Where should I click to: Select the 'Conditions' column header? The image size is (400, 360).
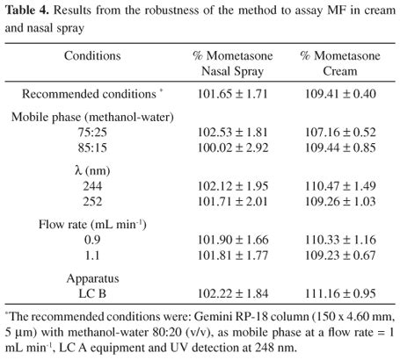[92, 55]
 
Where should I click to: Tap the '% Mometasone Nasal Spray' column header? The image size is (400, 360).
[228, 63]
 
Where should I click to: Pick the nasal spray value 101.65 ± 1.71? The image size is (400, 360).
[228, 92]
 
